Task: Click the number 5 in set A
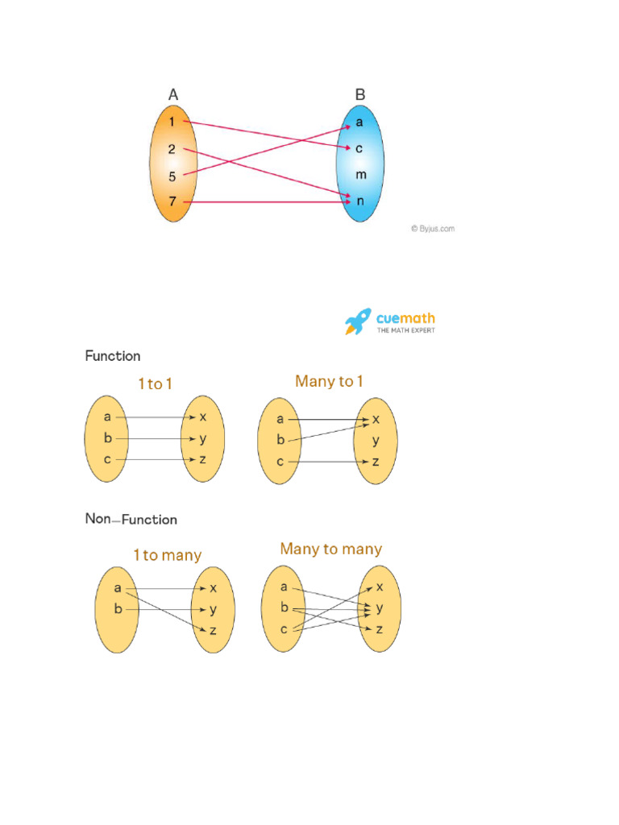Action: click(x=172, y=176)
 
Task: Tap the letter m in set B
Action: click(x=360, y=175)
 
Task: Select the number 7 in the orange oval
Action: click(x=172, y=201)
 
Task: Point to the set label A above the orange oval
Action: click(x=173, y=95)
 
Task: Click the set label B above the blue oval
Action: click(x=360, y=95)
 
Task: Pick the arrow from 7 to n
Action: click(x=266, y=201)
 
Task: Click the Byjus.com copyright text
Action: click(x=432, y=229)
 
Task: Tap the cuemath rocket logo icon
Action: click(x=358, y=321)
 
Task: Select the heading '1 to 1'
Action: click(x=155, y=384)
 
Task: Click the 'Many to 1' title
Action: click(x=329, y=381)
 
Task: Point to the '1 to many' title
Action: click(x=167, y=555)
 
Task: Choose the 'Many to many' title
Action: click(x=330, y=549)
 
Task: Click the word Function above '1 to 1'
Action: click(x=113, y=356)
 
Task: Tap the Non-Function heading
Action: click(x=131, y=520)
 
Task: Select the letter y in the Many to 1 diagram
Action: click(x=376, y=441)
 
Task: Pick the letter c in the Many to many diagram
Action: click(x=284, y=628)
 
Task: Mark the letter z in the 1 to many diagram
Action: click(x=213, y=631)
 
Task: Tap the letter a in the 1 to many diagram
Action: click(x=118, y=588)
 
